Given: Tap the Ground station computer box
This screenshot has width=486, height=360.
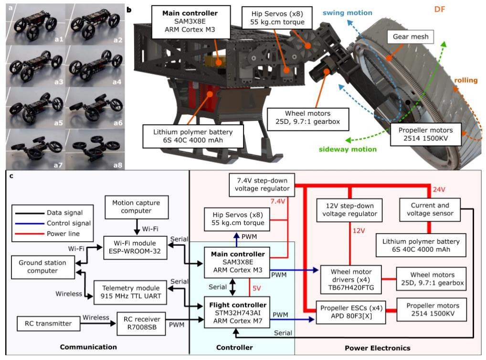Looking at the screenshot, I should point(43,267).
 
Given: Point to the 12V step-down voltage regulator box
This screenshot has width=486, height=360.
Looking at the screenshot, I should point(349,211).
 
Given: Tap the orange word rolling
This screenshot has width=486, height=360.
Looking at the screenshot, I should point(465,80).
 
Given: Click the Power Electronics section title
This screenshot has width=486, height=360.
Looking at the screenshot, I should point(377,348).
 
